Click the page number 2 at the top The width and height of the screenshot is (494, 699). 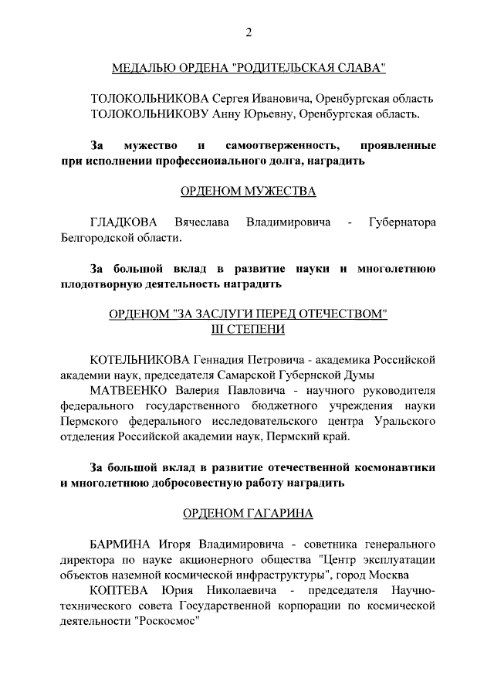point(248,32)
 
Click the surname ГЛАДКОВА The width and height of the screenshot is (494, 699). point(120,222)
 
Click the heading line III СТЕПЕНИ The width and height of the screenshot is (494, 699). point(248,329)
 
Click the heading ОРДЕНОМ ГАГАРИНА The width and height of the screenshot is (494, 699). point(248,513)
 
